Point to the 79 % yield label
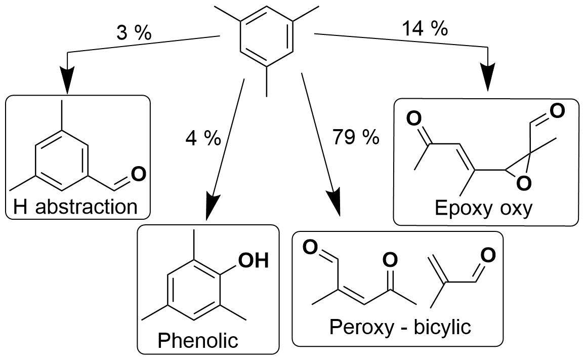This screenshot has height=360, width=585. point(356,137)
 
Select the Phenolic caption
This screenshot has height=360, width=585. point(198,340)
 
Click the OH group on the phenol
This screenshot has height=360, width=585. point(252,262)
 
